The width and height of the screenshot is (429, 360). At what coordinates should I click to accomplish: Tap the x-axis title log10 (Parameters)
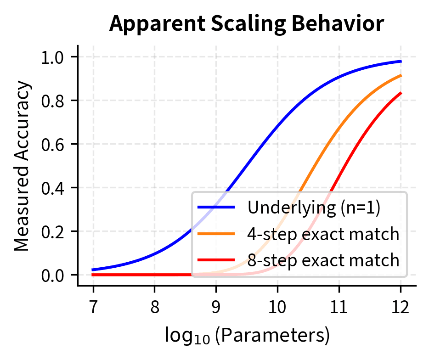tap(247, 336)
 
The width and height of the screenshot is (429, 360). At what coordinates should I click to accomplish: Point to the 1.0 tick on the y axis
tap(53, 57)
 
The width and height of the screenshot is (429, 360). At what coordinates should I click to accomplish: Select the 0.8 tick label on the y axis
tap(53, 101)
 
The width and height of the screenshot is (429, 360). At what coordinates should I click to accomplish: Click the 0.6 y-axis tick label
tap(53, 144)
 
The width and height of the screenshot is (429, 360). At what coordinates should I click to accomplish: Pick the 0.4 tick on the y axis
tap(53, 188)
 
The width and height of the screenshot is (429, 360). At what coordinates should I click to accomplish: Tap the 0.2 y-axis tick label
tap(53, 231)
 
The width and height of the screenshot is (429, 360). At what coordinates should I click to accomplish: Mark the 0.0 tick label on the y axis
tap(53, 275)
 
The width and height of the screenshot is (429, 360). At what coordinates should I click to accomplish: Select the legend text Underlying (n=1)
tap(314, 208)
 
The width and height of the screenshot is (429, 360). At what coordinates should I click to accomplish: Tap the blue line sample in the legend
tap(217, 208)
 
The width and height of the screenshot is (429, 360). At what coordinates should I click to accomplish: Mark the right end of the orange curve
tap(401, 75)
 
